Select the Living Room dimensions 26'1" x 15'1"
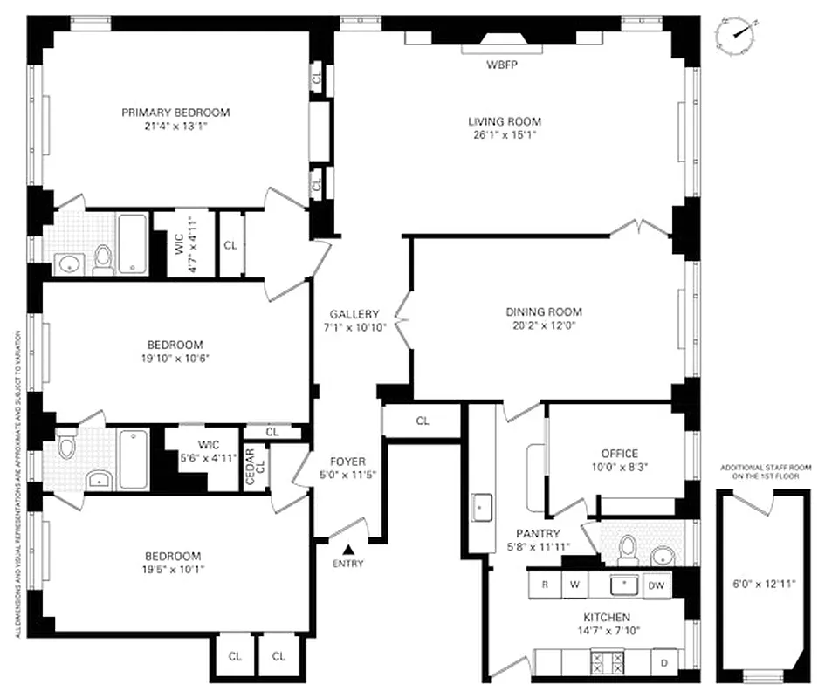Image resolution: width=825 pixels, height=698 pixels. pos(504,135)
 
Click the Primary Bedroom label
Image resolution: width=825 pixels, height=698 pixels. pos(175,113)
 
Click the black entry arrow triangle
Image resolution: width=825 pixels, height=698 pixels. pos(347,549)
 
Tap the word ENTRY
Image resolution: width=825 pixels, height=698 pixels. pos(347,564)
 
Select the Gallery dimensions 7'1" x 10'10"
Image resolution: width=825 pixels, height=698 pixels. pos(354,328)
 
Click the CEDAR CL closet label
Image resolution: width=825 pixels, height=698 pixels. pos(249,469)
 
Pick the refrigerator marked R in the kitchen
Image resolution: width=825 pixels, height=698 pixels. pos(545,585)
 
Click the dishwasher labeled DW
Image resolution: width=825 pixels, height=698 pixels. pos(656,585)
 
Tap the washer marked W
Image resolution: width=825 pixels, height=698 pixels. pos(574,585)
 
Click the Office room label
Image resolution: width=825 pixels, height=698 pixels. pos(619,453)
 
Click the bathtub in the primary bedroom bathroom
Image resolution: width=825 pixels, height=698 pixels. pos(133,243)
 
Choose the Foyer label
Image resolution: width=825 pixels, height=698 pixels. pos(347,462)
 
